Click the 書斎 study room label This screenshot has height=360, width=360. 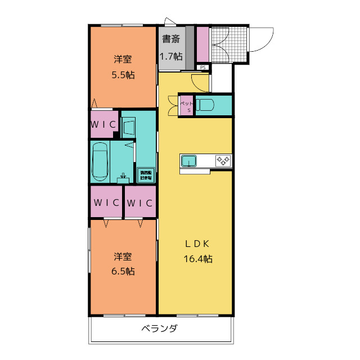tap(171, 39)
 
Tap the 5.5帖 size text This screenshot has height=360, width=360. tap(123, 75)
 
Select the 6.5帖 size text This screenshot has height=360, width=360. tap(123, 271)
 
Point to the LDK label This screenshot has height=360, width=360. tap(197, 244)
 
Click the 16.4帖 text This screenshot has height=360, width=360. tap(197, 259)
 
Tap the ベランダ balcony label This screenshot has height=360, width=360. tap(159, 328)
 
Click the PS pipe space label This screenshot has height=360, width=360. tap(203, 67)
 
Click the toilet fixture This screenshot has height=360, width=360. tap(206, 105)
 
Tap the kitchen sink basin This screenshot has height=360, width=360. tap(188, 161)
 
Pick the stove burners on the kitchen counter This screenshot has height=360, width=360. tap(223, 161)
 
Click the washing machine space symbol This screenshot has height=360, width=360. tap(145, 174)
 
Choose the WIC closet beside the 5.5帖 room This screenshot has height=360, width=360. tap(103, 124)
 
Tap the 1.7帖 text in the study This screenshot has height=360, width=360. tap(170, 56)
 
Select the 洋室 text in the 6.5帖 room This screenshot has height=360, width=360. tap(123, 257)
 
